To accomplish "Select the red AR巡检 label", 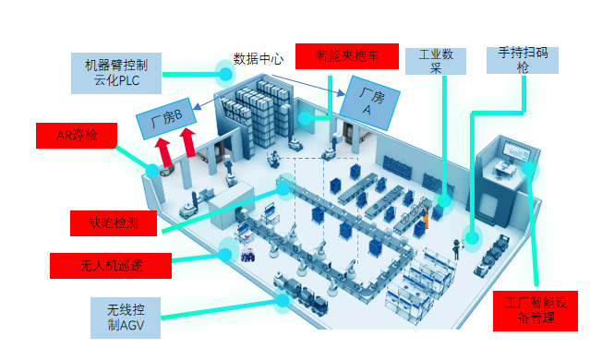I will [x=77, y=136].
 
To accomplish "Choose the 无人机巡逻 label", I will [x=111, y=266].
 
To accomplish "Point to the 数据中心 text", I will [x=259, y=59].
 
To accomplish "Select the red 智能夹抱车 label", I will [x=346, y=56].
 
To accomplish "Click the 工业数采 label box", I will [x=436, y=61].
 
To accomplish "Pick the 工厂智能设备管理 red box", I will [x=536, y=310].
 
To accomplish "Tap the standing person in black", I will [x=455, y=246].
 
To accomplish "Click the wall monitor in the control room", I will [x=510, y=150].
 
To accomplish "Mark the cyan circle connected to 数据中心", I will [x=225, y=70].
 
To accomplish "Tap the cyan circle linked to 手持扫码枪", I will [x=472, y=238].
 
